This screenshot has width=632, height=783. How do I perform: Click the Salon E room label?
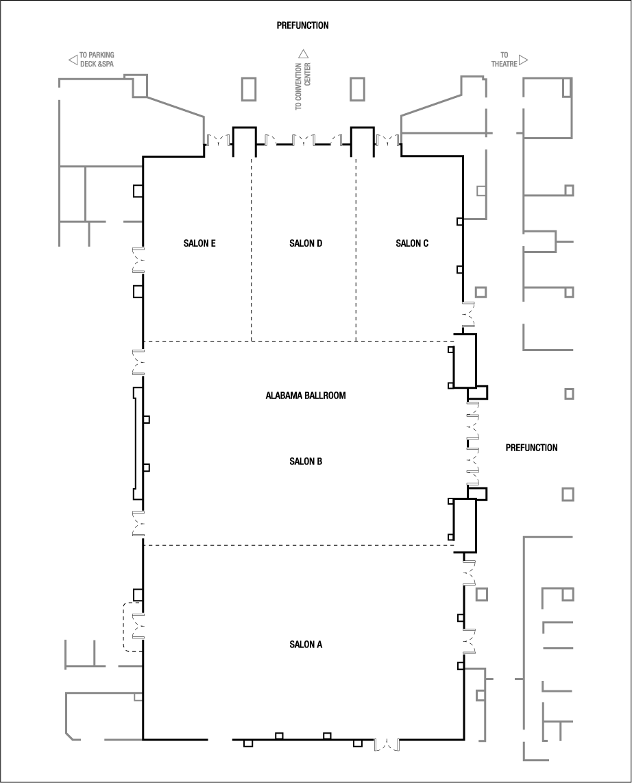point(199,243)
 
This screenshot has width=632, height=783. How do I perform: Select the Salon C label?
point(413,243)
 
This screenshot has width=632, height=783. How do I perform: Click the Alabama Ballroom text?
point(305,396)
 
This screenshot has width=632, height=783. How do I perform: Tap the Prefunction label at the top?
point(302,26)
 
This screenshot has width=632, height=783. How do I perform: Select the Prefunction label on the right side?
point(531,448)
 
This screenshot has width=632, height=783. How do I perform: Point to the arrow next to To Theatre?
point(524,60)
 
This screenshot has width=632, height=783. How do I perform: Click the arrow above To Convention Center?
point(304,53)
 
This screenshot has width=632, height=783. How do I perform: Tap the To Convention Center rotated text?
point(303,86)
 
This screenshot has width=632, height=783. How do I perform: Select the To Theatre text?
point(504,60)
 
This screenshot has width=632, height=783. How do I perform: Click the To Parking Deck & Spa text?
point(96,60)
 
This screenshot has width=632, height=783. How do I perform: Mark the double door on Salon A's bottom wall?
point(387,744)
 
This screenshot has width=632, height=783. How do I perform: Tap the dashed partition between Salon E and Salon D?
point(252,250)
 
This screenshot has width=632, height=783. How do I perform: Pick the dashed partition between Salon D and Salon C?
point(356,250)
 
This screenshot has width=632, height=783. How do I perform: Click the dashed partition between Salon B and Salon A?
point(298,545)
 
